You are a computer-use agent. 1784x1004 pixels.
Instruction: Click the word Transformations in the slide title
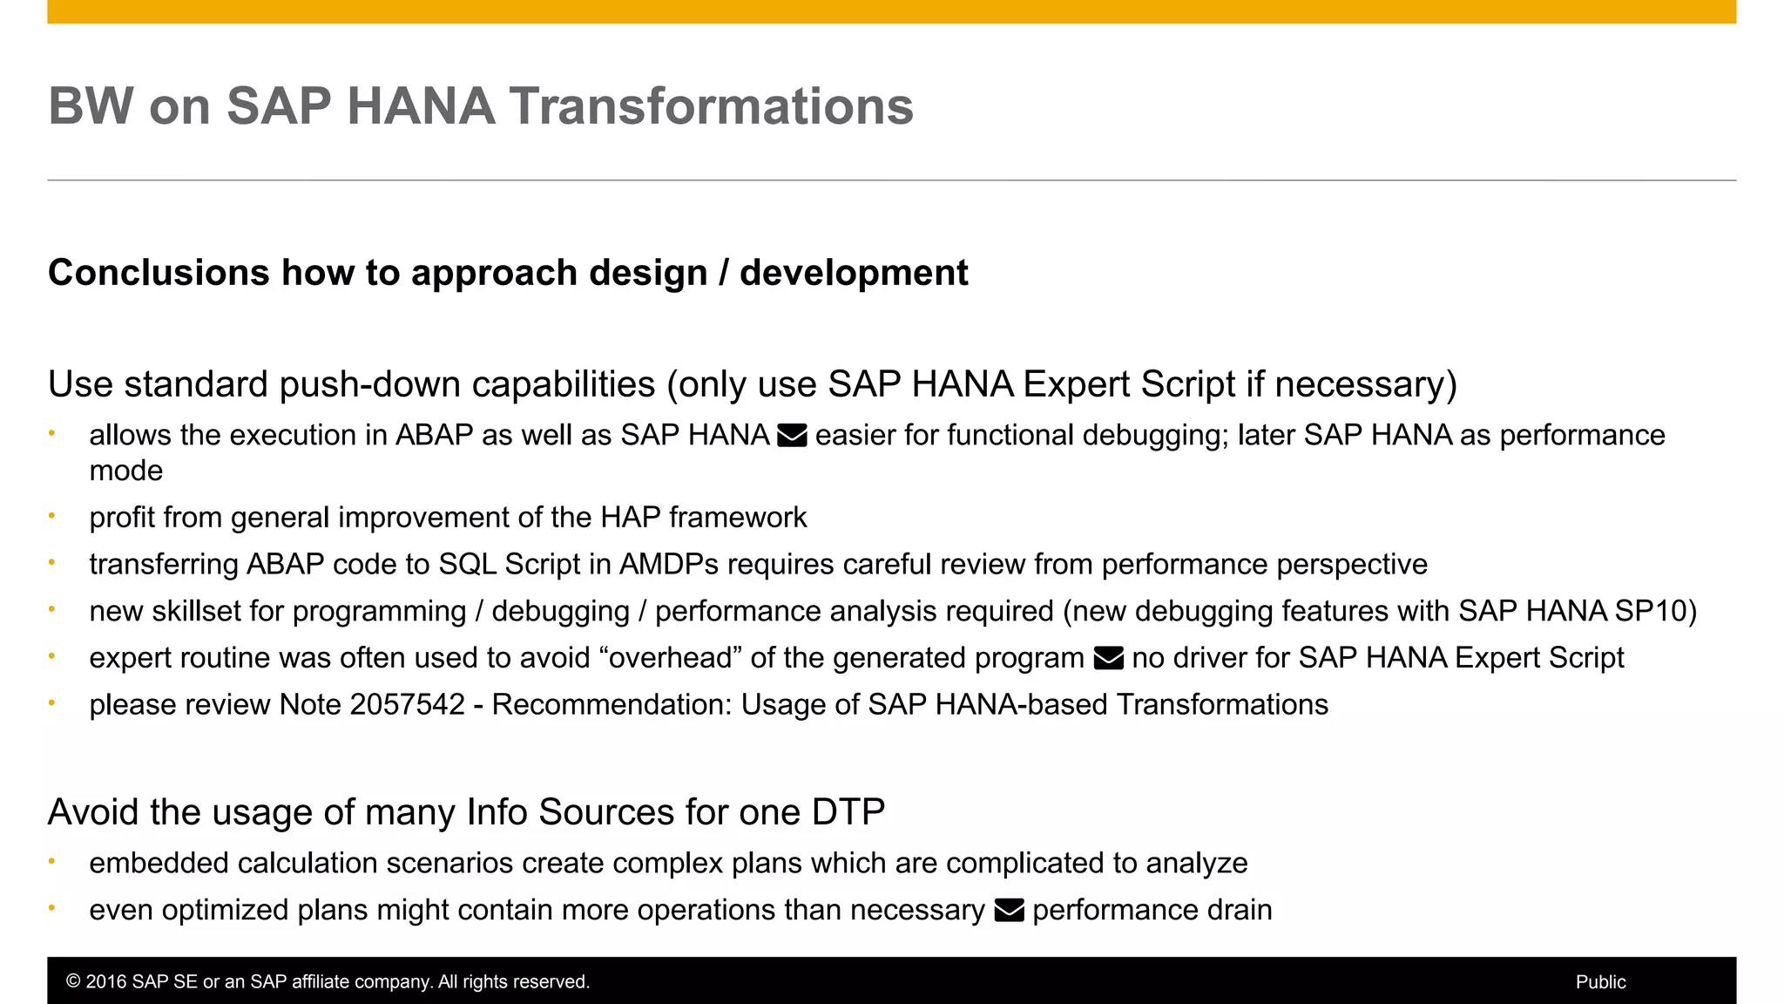711,106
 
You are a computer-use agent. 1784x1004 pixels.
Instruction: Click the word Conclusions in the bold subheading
159,273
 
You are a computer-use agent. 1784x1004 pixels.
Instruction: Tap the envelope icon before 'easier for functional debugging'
792,435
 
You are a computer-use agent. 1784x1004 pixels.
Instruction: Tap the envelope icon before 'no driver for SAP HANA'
1108,658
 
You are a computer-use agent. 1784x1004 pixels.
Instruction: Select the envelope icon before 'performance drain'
1009,911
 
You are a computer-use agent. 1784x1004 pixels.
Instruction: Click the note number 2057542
408,704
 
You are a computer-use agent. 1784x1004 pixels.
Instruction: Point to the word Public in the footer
1600,982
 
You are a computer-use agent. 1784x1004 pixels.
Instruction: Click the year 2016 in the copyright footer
106,982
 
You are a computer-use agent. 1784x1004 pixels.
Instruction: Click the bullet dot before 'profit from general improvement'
52,516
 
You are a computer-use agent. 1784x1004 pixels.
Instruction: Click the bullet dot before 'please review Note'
52,702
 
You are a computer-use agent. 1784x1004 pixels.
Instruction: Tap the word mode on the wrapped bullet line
126,471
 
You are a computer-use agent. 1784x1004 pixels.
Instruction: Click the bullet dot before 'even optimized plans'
52,908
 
